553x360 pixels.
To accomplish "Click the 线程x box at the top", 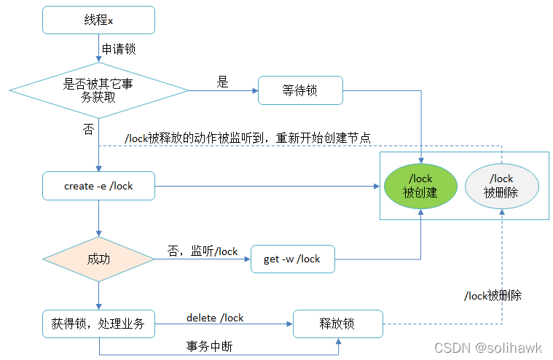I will pyautogui.click(x=98, y=20).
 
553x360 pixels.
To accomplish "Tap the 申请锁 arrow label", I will pyautogui.click(x=118, y=50).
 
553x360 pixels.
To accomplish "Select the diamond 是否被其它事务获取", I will pyautogui.click(x=98, y=91).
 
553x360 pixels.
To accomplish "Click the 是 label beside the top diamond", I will pyautogui.click(x=222, y=82).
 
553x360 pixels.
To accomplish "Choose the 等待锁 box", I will pyautogui.click(x=300, y=91).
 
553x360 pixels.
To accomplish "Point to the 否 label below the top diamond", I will pyautogui.click(x=88, y=129).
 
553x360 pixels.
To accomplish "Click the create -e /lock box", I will pyautogui.click(x=98, y=186).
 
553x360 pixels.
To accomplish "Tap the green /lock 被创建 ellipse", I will pyautogui.click(x=420, y=186).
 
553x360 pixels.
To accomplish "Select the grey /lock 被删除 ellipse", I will pyautogui.click(x=502, y=186).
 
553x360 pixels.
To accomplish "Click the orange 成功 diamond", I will pyautogui.click(x=98, y=259).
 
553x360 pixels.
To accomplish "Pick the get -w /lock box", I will pyautogui.click(x=291, y=259).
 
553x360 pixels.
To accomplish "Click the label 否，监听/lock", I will pyautogui.click(x=203, y=251).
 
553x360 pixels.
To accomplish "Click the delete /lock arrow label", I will pyautogui.click(x=215, y=318).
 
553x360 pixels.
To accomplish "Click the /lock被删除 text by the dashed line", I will pyautogui.click(x=493, y=296).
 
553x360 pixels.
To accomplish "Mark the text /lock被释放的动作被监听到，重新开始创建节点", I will pyautogui.click(x=248, y=138).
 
